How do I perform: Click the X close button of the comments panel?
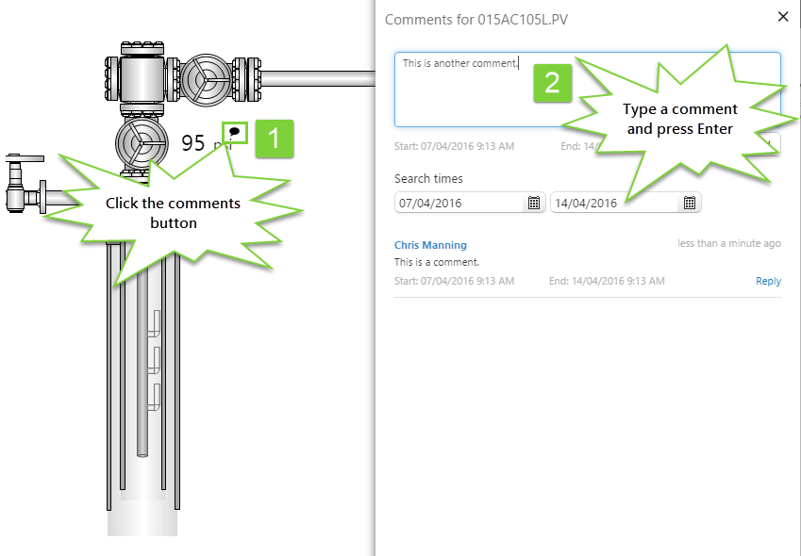point(782,16)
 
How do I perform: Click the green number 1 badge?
point(274,139)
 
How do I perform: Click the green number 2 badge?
point(553,81)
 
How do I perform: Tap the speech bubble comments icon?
point(235,132)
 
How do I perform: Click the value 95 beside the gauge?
point(193,143)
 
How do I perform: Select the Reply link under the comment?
point(768,281)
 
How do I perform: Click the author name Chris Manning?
point(430,245)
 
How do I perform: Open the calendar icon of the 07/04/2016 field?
point(533,203)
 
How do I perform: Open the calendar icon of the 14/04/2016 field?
point(689,203)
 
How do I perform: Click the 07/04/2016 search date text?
point(430,203)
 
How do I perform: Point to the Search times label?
point(428,178)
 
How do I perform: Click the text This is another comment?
point(460,63)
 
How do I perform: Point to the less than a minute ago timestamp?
point(728,243)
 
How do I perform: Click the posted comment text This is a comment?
point(437,262)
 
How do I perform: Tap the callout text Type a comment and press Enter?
point(679,119)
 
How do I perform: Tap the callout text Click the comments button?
point(173,213)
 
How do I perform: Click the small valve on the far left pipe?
point(15,179)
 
